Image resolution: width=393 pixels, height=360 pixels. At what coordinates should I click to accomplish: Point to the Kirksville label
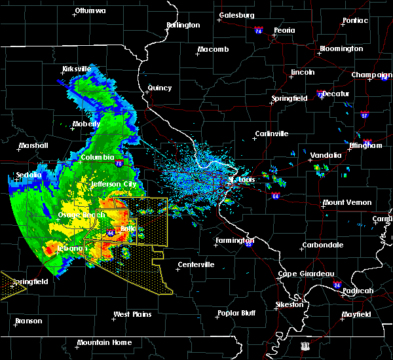pos(77,69)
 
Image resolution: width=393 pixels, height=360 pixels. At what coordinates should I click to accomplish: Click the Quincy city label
pos(160,88)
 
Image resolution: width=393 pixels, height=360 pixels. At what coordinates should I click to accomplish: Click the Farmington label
pos(234,241)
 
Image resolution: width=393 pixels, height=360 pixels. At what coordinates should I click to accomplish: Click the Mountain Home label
pos(104,342)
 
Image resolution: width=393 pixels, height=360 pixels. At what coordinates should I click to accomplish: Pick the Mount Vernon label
pos(347,203)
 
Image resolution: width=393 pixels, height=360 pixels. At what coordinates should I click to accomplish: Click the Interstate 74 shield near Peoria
pos(259,31)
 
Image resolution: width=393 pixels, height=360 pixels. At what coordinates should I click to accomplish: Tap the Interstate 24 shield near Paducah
pos(337,285)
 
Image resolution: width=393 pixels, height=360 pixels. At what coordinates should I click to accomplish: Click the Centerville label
pos(196,264)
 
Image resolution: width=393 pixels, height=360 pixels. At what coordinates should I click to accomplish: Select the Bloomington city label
pos(341,49)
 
